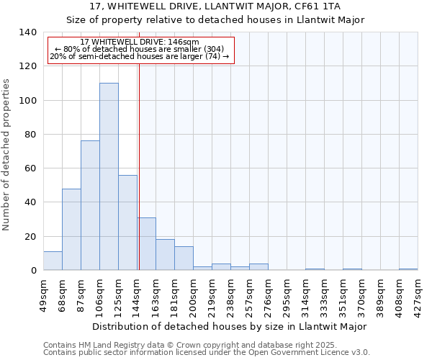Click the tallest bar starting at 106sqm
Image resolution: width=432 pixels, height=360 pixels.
[x=109, y=176]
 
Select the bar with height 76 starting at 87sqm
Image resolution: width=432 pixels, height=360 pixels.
[x=90, y=205]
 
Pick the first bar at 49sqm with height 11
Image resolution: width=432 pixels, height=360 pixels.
[x=53, y=261]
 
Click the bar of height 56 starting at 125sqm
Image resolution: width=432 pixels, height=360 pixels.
[x=127, y=222]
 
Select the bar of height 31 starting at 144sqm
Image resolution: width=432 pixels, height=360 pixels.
[x=146, y=243]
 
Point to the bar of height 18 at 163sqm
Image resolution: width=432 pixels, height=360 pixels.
[x=165, y=255]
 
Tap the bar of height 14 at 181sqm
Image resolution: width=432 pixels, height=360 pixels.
[x=184, y=258]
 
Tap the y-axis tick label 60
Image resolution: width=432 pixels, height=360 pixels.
[x=30, y=168]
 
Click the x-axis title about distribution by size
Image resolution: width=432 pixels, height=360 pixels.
[x=230, y=326]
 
